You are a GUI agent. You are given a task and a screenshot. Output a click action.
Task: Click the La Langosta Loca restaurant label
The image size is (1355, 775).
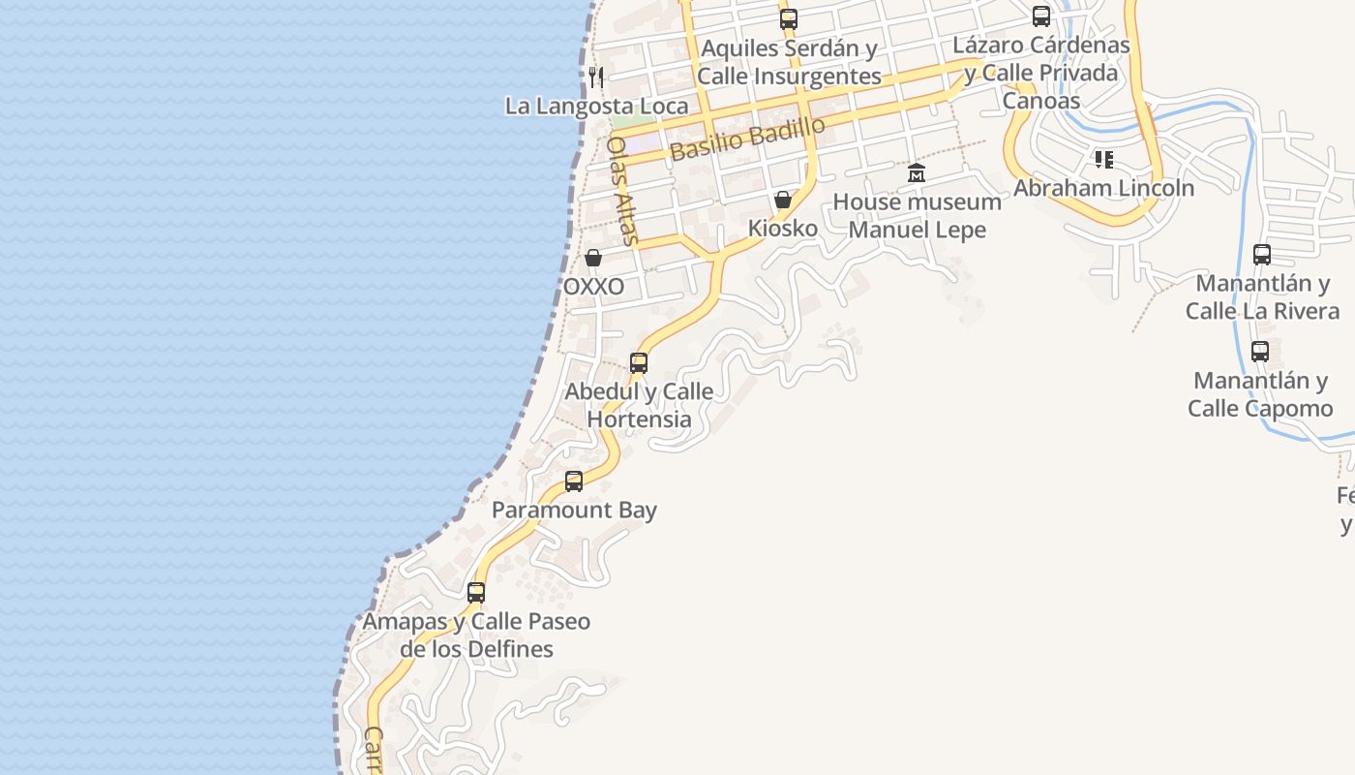click(x=596, y=106)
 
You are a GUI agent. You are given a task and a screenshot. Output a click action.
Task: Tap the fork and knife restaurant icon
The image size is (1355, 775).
click(x=596, y=77)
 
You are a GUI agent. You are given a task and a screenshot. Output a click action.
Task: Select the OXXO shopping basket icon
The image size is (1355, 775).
click(x=593, y=258)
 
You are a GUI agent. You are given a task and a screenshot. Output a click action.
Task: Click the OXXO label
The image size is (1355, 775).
click(x=593, y=287)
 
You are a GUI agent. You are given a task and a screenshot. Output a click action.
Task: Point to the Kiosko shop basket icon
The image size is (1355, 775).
click(x=782, y=201)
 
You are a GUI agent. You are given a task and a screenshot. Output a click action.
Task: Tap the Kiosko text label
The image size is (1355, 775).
click(x=782, y=229)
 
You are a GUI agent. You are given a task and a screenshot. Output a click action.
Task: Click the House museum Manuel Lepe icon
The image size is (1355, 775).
click(x=917, y=173)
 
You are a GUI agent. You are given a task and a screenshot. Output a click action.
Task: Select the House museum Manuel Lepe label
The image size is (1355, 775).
click(x=917, y=216)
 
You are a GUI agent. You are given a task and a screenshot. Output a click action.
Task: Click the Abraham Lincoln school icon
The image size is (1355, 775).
click(x=1103, y=159)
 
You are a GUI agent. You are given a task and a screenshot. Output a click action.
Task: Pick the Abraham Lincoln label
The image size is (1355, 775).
click(x=1103, y=188)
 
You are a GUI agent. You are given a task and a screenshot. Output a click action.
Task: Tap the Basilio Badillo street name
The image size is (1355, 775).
click(x=747, y=139)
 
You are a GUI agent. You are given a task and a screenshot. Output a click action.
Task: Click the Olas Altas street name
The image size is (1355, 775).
click(x=623, y=190)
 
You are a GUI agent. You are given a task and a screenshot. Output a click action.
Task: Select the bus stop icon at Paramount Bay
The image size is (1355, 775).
click(x=574, y=480)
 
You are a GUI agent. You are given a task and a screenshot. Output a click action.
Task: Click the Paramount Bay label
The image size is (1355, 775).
click(x=574, y=511)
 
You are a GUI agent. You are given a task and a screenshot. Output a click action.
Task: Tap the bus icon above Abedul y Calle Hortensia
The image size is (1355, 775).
click(x=639, y=363)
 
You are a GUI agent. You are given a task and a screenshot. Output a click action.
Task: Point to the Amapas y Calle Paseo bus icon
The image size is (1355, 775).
click(x=476, y=592)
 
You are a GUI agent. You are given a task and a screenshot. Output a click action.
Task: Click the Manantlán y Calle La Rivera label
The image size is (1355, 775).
click(x=1262, y=297)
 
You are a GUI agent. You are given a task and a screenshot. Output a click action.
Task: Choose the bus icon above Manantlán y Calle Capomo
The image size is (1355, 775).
click(x=1260, y=352)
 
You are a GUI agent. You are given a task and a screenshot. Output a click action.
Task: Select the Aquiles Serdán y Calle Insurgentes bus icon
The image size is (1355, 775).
click(x=789, y=18)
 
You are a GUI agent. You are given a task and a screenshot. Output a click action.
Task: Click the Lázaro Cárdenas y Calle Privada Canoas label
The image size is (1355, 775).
click(x=1041, y=73)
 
